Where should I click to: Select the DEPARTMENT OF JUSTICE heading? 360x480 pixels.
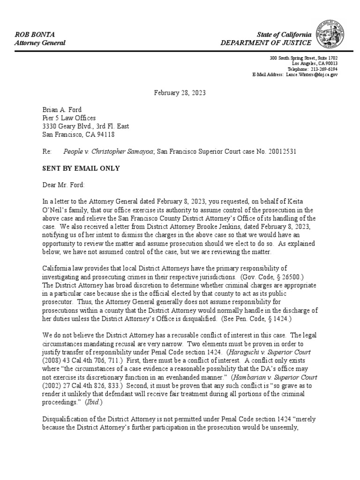266,43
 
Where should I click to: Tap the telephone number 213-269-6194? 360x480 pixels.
324,69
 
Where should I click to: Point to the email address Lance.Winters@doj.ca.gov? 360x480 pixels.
312,75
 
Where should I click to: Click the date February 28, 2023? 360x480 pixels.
180,93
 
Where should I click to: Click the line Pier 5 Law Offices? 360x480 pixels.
69,118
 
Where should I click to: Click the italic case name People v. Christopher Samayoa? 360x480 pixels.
109,152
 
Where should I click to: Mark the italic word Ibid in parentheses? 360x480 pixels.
92,402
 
